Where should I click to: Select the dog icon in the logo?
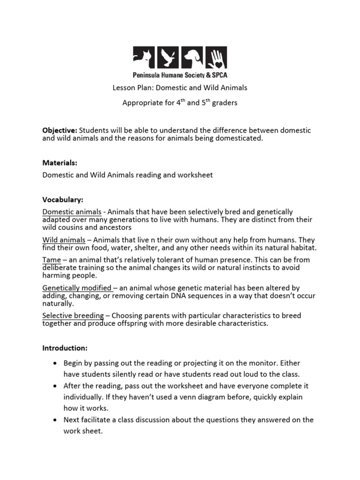pyautogui.click(x=192, y=58)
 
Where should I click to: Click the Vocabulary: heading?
pyautogui.click(x=63, y=200)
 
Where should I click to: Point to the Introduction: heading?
pyautogui.click(x=65, y=348)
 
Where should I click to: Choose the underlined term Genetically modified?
pyautogui.click(x=77, y=288)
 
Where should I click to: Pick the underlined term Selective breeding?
pyautogui.click(x=73, y=316)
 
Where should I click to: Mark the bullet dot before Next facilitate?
pyautogui.click(x=55, y=420)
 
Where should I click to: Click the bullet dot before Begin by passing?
pyautogui.click(x=55, y=364)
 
